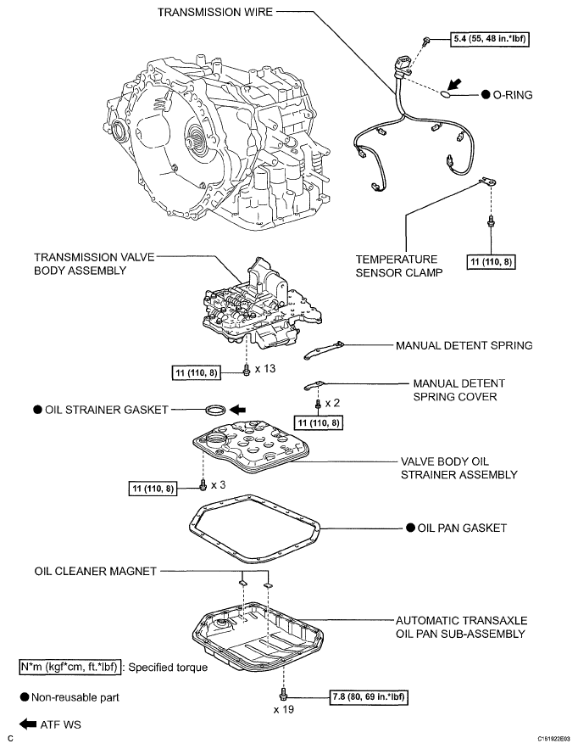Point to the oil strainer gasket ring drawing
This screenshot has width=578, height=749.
tap(217, 410)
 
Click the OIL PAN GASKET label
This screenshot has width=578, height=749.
tap(462, 528)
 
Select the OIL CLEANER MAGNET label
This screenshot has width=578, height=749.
tap(96, 572)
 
